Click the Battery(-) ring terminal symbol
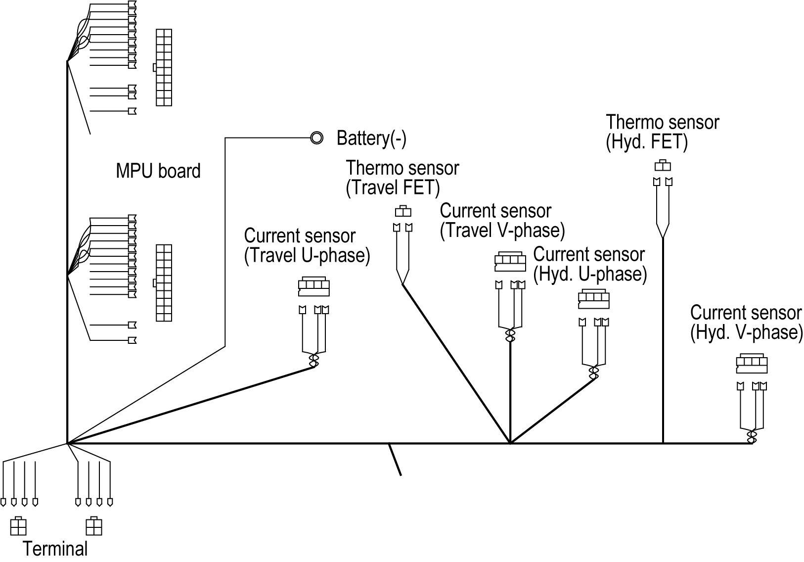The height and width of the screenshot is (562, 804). (316, 138)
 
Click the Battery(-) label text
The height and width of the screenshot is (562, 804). (371, 138)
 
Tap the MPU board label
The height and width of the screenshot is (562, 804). (158, 171)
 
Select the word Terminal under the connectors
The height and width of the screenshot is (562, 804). (55, 549)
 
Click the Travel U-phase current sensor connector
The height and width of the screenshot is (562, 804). (313, 286)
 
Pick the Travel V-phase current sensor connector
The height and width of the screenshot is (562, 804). (510, 261)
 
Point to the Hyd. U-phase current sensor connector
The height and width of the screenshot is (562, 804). (594, 299)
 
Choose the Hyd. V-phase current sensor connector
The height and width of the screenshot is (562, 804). (752, 364)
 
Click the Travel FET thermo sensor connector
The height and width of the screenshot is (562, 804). (403, 211)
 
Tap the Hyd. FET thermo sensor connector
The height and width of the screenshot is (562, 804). (663, 165)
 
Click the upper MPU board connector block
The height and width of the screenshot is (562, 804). (163, 67)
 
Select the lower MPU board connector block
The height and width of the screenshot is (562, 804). (163, 283)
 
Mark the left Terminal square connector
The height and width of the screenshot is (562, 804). (18, 526)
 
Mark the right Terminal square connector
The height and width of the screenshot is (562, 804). (93, 526)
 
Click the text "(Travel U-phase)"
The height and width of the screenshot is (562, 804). (307, 255)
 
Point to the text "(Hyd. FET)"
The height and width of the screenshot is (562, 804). (647, 141)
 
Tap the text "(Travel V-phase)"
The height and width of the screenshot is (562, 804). (502, 230)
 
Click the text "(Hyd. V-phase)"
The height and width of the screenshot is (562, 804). (747, 332)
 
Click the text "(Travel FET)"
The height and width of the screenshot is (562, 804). (393, 187)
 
